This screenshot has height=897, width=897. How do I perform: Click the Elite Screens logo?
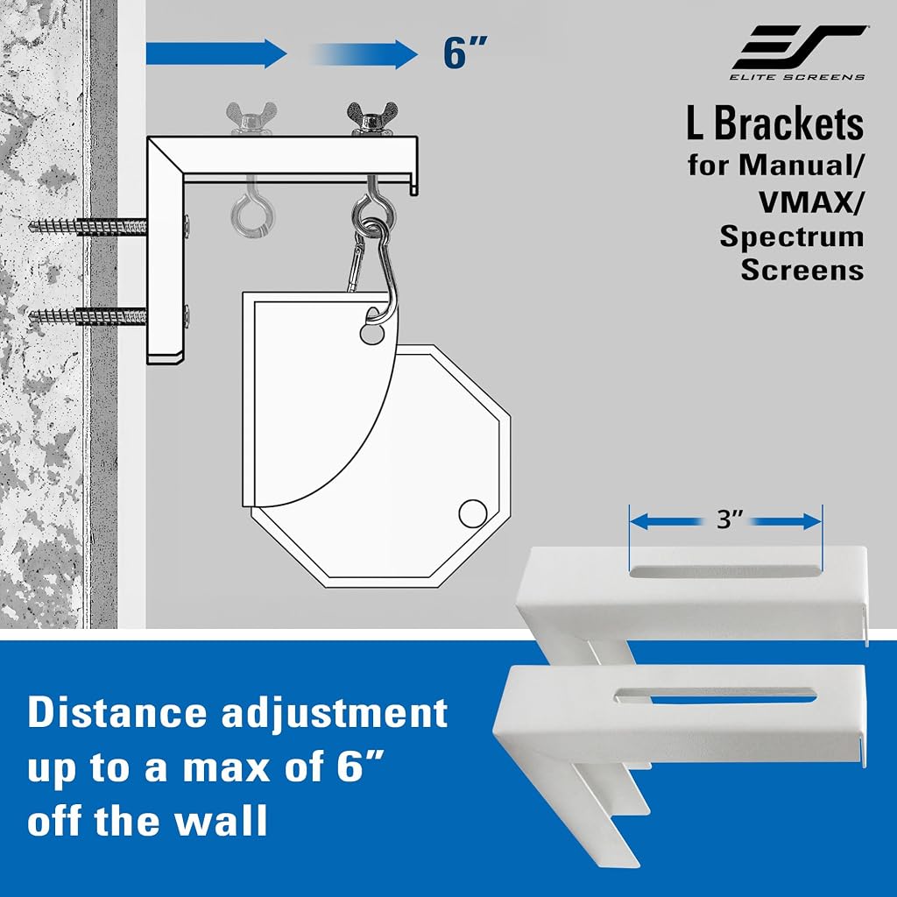tap(799, 52)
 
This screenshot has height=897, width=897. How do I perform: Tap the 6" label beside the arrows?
tap(464, 53)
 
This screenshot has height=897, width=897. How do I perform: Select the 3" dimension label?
tap(726, 520)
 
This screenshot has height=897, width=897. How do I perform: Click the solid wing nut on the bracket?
tap(371, 118)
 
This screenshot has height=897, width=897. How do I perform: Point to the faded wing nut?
tap(251, 118)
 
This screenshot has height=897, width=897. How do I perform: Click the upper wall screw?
tap(88, 227)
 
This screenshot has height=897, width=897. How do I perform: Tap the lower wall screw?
tap(88, 315)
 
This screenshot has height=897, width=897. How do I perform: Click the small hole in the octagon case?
tap(472, 513)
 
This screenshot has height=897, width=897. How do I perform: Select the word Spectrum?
tap(792, 236)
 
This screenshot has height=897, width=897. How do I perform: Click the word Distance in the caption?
tap(117, 712)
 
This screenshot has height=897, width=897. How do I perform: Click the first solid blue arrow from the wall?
tap(216, 54)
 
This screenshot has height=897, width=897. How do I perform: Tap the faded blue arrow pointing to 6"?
tap(364, 54)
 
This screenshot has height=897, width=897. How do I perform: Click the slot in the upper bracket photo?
tap(725, 570)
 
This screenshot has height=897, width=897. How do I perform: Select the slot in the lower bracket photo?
tap(716, 695)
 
